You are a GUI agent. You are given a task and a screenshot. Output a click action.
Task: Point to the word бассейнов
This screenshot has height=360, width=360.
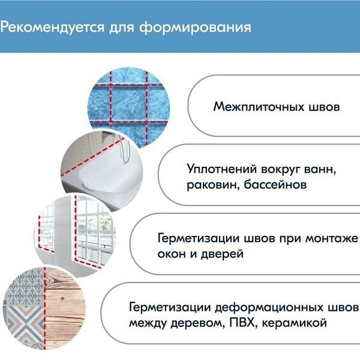pyautogui.click(x=277, y=184)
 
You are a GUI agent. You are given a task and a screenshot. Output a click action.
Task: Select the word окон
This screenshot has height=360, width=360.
pyautogui.click(x=173, y=254)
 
